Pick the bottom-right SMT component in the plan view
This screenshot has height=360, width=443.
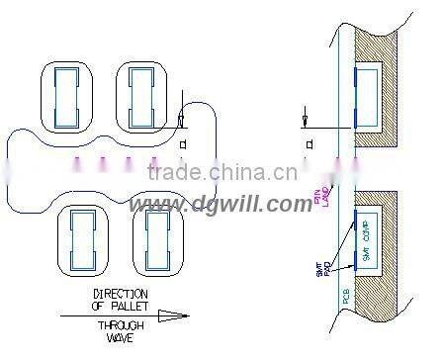pyautogui.click(x=156, y=239)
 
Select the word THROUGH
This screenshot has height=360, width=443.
pyautogui.click(x=121, y=324)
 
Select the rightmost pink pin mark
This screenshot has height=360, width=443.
pyautogui.click(x=152, y=161)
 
